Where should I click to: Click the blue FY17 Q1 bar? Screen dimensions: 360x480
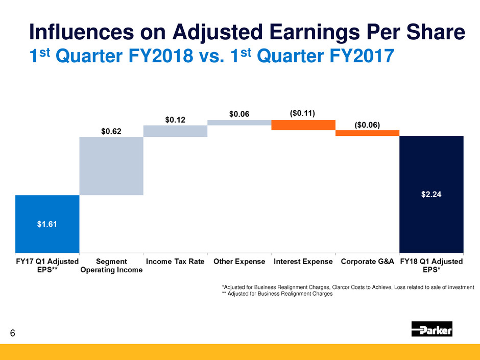pyautogui.click(x=47, y=223)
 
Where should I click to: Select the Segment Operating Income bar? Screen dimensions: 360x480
pyautogui.click(x=111, y=166)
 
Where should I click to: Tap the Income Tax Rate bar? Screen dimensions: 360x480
pyautogui.click(x=175, y=131)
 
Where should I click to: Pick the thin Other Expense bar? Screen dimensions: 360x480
pyautogui.click(x=239, y=123)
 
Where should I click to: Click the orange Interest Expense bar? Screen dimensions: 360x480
pyautogui.click(x=303, y=125)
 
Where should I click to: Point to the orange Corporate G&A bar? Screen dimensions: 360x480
pyautogui.click(x=367, y=133)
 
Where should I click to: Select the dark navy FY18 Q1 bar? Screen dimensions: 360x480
pyautogui.click(x=431, y=194)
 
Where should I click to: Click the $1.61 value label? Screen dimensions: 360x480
pyautogui.click(x=47, y=223)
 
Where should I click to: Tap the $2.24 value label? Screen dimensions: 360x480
pyautogui.click(x=431, y=194)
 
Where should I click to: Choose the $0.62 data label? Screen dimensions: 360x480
pyautogui.click(x=111, y=132)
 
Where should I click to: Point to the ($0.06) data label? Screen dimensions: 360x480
pyautogui.click(x=367, y=125)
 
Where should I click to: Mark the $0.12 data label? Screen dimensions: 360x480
pyautogui.click(x=175, y=119)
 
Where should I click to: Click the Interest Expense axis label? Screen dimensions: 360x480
pyautogui.click(x=303, y=262)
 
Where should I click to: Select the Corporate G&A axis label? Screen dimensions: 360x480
pyautogui.click(x=367, y=262)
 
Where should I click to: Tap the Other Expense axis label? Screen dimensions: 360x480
pyautogui.click(x=239, y=262)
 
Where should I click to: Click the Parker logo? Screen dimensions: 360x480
pyautogui.click(x=431, y=329)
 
